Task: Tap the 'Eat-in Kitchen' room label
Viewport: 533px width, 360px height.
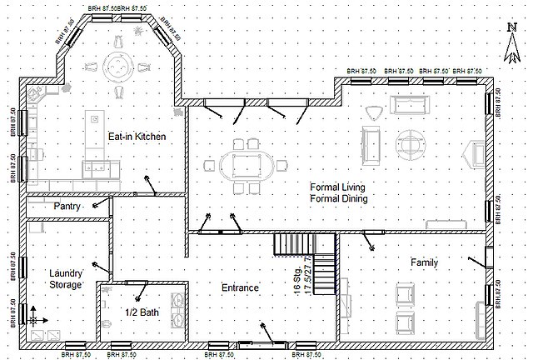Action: click(137, 136)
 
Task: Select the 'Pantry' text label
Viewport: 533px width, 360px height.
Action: click(67, 206)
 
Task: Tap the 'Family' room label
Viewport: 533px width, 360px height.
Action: click(424, 262)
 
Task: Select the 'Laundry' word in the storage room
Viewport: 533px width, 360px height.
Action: click(65, 272)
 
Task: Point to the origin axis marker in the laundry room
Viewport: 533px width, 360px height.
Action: click(34, 317)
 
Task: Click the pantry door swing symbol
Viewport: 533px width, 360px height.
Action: click(99, 202)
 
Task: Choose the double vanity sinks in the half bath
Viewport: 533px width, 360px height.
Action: click(177, 312)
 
